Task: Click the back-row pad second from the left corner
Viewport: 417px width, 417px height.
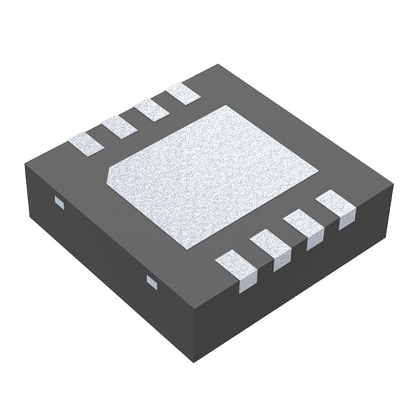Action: click(x=119, y=126)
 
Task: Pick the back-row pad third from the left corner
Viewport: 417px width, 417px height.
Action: click(x=152, y=109)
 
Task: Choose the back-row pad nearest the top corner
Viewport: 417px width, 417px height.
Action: click(x=183, y=94)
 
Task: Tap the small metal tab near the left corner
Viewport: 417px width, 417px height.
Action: click(x=58, y=203)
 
